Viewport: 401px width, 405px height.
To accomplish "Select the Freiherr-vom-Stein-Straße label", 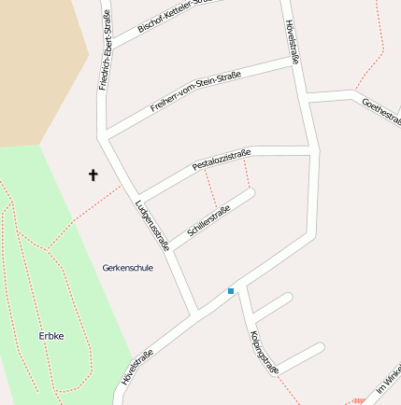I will (195, 92).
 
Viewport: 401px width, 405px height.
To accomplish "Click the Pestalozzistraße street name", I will (222, 159).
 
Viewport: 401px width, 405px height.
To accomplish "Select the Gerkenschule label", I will (127, 268).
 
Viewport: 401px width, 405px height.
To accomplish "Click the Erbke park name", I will (51, 336).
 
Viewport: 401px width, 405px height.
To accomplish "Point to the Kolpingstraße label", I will (265, 352).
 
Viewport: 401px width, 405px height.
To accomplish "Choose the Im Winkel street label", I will (389, 377).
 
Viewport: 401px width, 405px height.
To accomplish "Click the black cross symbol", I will (93, 175).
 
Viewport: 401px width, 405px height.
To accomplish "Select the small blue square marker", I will (231, 291).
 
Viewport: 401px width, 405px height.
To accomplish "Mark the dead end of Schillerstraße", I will (250, 193).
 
